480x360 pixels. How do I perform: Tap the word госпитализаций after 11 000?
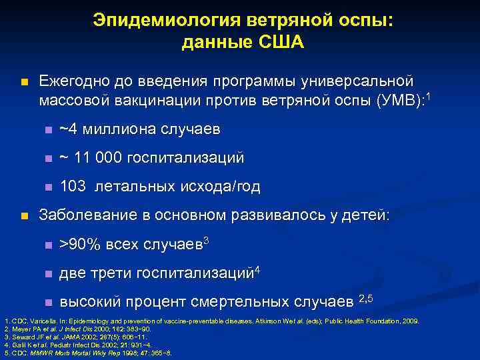tap(189, 158)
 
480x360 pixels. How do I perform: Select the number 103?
tap(73, 187)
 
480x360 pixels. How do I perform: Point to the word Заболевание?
tap(86, 215)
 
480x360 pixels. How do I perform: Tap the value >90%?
tap(79, 245)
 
